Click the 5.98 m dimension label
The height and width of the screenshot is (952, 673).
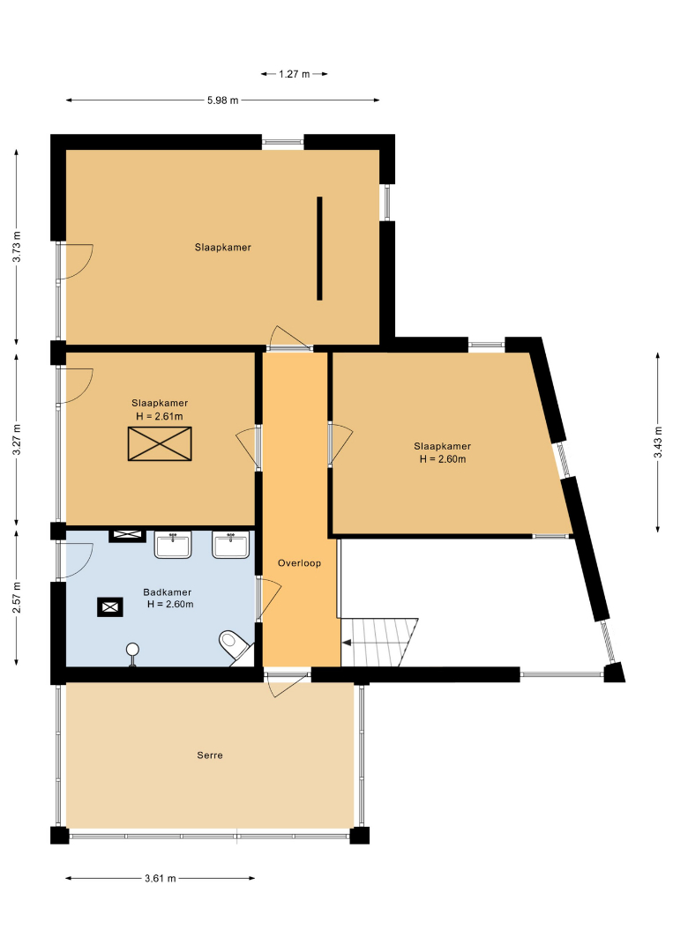[x=223, y=100]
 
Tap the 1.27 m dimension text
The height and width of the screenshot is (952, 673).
[x=295, y=74]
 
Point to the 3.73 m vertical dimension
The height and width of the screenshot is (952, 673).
[x=17, y=247]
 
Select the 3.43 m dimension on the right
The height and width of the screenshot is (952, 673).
[x=658, y=443]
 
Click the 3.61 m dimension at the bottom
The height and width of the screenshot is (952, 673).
[x=161, y=878]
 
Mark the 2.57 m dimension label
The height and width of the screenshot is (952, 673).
[x=17, y=598]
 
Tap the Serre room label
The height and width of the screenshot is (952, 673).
[x=210, y=755]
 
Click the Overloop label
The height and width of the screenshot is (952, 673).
[x=299, y=562]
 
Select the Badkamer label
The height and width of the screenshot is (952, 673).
[x=168, y=592]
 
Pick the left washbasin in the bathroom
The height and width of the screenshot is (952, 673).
[x=173, y=545]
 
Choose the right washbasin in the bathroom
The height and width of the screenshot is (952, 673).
[x=231, y=545]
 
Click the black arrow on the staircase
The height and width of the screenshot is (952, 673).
[x=347, y=643]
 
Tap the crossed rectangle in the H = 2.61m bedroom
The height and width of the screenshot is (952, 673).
[x=160, y=443]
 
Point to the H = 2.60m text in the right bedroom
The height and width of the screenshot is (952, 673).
[x=443, y=459]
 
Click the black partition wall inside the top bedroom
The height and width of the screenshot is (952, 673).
[x=319, y=249]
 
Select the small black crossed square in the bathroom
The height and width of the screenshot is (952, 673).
[x=110, y=607]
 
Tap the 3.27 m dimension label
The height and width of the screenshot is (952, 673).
[x=17, y=439]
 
